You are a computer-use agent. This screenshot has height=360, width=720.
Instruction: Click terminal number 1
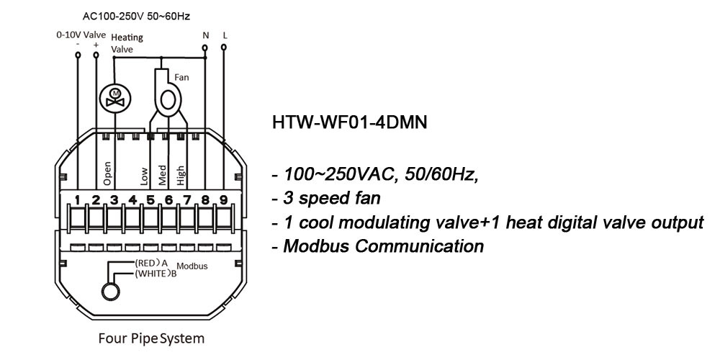click(77, 200)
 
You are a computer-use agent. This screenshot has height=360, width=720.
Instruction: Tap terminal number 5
click(150, 200)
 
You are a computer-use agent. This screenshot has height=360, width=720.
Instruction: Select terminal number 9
click(223, 200)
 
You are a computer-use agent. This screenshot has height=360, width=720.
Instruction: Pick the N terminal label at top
click(205, 35)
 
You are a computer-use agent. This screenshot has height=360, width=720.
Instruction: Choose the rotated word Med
click(162, 175)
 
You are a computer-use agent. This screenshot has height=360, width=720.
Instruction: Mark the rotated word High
click(181, 174)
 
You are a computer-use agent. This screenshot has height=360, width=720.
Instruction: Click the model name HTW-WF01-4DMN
click(350, 123)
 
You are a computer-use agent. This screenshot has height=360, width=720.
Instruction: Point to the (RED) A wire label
click(151, 263)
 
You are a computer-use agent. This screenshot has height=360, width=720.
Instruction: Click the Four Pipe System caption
click(150, 338)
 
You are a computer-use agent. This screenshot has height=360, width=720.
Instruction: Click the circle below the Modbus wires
click(109, 290)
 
